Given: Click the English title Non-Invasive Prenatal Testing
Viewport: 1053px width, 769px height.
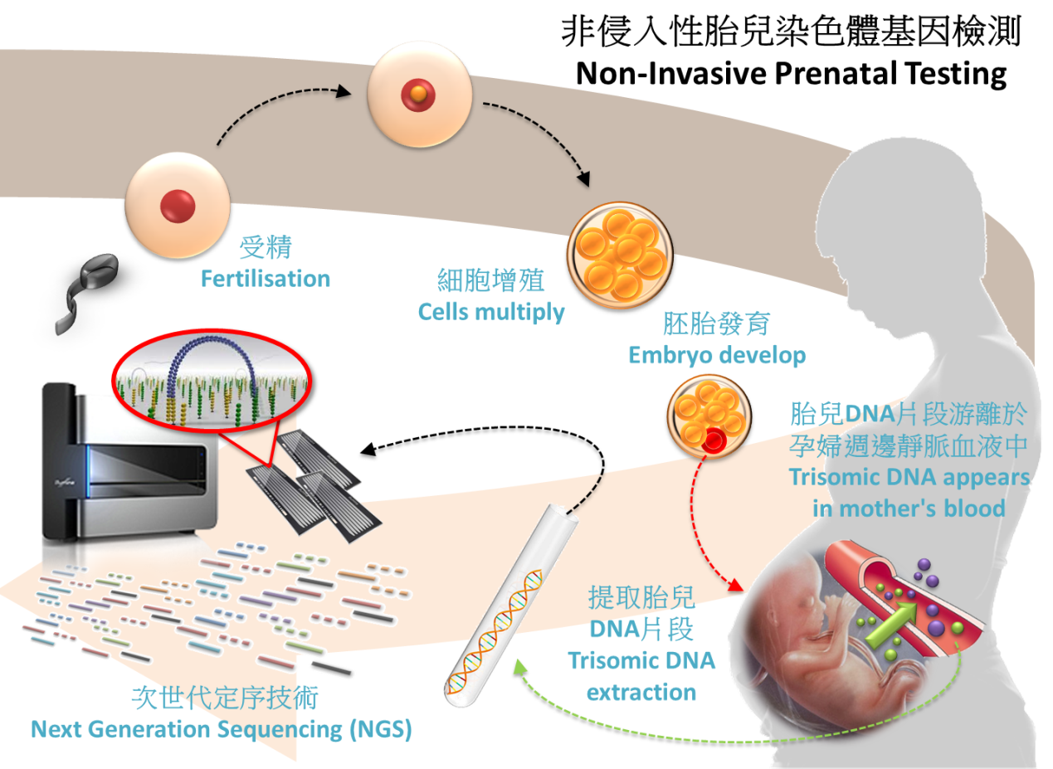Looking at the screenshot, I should (x=791, y=74).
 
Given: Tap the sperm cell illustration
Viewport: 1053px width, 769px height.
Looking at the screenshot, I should (x=82, y=287).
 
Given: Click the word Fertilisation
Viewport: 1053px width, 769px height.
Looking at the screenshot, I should (x=266, y=279).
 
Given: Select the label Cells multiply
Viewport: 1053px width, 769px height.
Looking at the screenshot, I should (x=491, y=312).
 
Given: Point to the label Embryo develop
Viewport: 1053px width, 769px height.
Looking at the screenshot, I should (x=717, y=355).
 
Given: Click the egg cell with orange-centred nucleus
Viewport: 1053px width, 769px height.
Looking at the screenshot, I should (x=420, y=96).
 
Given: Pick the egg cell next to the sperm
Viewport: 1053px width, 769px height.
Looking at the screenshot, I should (x=176, y=202).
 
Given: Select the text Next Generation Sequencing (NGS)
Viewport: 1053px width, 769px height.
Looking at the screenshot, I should (x=222, y=730).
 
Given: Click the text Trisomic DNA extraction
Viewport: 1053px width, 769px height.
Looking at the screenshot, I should (x=641, y=675).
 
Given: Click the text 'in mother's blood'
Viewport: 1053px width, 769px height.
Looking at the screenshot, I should (x=909, y=508).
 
